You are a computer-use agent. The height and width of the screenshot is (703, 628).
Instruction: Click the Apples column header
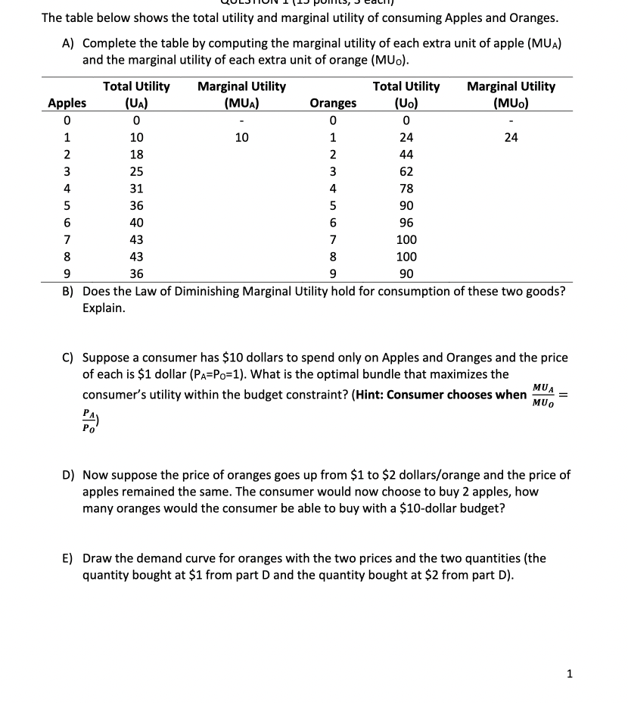click(x=67, y=103)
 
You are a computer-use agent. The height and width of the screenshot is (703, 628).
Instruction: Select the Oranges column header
click(x=333, y=103)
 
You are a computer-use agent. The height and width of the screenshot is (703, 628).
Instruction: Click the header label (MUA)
click(x=241, y=103)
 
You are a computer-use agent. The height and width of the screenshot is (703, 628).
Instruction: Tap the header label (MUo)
click(x=511, y=103)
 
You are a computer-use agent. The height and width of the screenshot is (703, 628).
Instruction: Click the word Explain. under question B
click(x=104, y=309)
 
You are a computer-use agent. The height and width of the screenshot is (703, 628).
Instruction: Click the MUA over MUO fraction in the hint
click(x=543, y=395)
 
